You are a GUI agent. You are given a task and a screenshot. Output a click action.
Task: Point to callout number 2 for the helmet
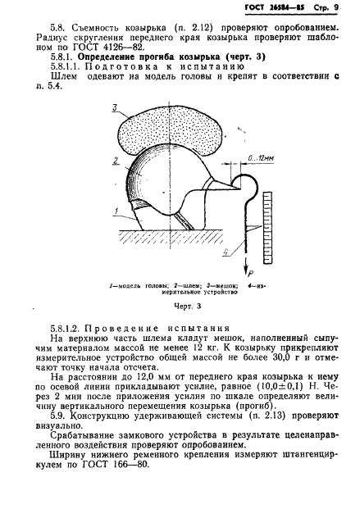116,161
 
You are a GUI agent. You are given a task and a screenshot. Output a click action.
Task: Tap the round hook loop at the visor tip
248,188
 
